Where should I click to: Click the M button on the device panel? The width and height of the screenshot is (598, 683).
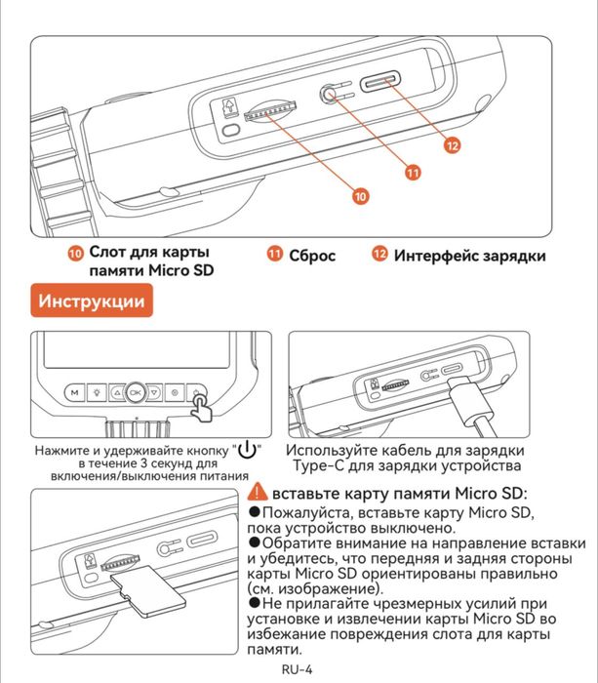73,391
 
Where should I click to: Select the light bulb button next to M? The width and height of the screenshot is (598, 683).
98,391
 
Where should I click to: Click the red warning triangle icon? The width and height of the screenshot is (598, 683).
259,493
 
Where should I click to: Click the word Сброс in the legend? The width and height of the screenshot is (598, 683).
312,256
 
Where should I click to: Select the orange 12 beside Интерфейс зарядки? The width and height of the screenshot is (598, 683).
379,255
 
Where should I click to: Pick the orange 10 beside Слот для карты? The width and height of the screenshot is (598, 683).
75,255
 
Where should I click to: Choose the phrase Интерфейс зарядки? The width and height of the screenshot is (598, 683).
469,256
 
